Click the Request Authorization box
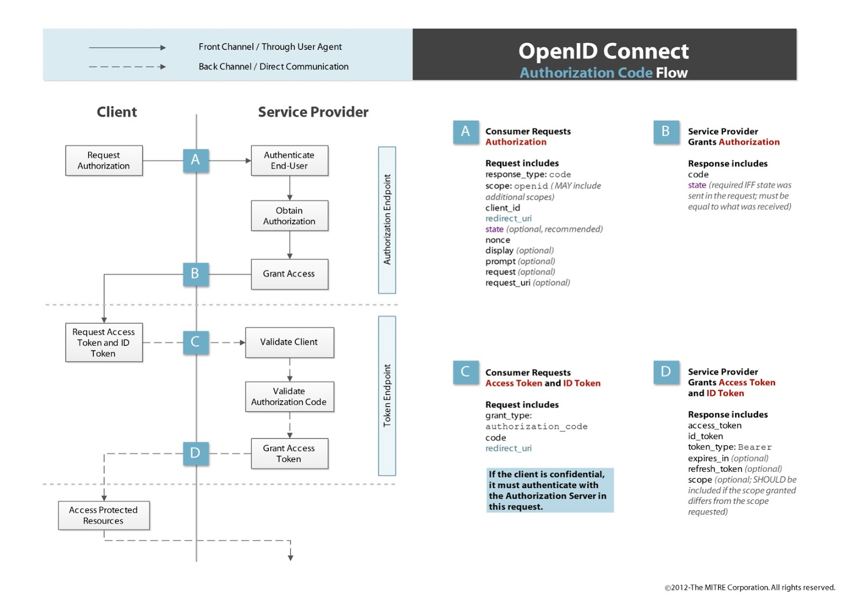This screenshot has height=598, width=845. (x=104, y=160)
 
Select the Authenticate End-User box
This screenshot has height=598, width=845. (x=289, y=160)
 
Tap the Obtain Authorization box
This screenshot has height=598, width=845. (x=289, y=216)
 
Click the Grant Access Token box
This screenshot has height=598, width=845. (x=289, y=454)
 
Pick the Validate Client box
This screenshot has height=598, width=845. (x=289, y=342)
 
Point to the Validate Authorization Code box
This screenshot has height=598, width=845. (x=289, y=397)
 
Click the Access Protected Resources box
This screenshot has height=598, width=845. (x=104, y=515)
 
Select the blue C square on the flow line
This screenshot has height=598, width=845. (x=196, y=342)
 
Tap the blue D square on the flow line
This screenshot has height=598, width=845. (x=196, y=453)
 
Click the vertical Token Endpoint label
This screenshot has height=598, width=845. (x=387, y=395)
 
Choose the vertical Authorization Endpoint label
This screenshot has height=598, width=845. (x=387, y=219)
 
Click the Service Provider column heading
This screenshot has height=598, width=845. (x=313, y=112)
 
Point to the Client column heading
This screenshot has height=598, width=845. (x=117, y=112)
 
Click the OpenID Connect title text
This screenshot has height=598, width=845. (x=603, y=51)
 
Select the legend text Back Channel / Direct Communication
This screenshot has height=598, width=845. (x=274, y=67)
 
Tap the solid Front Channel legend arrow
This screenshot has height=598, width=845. (x=127, y=48)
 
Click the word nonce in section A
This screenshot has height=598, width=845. (x=497, y=240)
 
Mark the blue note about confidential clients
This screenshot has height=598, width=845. (x=550, y=490)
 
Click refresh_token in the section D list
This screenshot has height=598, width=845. (x=715, y=469)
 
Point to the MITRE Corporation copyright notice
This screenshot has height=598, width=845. (x=749, y=587)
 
